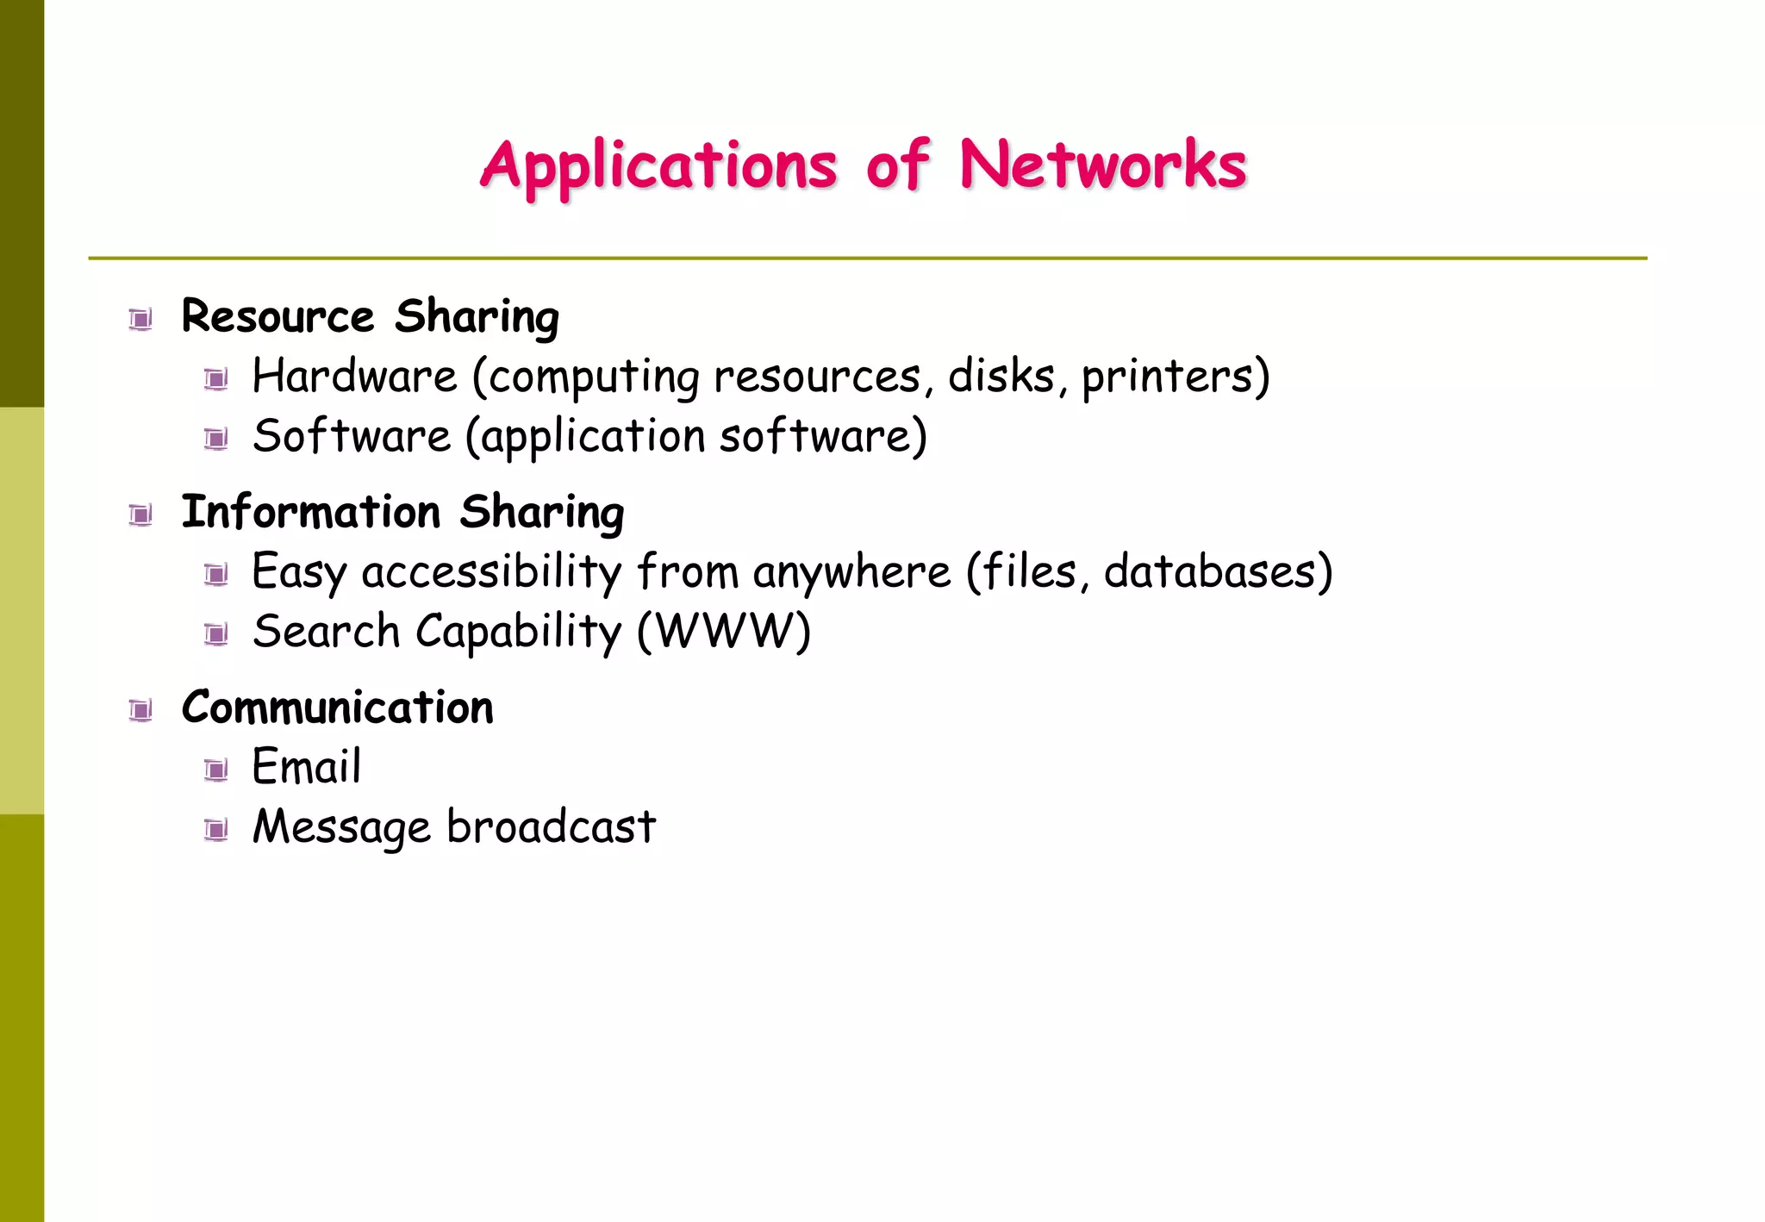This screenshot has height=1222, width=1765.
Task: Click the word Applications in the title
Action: point(658,165)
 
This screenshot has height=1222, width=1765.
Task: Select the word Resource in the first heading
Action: point(278,316)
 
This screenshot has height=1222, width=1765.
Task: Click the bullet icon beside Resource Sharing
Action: point(140,320)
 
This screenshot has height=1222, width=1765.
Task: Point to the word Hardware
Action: point(354,377)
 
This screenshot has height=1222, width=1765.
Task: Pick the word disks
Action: point(1001,376)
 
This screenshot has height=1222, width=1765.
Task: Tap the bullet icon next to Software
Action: point(216,440)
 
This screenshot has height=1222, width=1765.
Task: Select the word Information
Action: point(311,512)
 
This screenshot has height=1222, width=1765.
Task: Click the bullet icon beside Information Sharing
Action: point(140,515)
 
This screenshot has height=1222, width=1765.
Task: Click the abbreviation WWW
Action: point(724,632)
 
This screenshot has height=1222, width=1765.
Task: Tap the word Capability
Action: point(518,633)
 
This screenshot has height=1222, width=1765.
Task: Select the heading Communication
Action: point(337,708)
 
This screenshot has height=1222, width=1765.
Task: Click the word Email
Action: point(306,767)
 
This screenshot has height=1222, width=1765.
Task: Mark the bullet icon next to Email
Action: point(216,770)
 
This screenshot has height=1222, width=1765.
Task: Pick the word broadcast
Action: point(551,827)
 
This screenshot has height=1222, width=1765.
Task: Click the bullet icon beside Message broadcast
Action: point(216,830)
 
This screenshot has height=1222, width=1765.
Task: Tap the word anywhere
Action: point(851,572)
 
